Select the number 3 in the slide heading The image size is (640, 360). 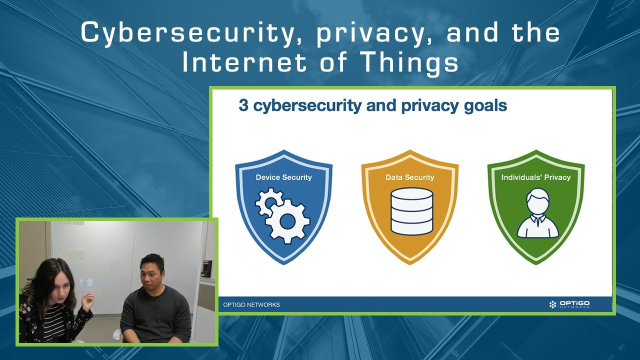point(243,106)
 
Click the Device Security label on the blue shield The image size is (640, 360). point(283,177)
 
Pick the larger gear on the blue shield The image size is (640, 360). point(288,220)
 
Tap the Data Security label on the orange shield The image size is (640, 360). point(409,177)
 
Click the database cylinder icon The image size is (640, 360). point(411,211)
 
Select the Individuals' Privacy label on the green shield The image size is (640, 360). point(535,177)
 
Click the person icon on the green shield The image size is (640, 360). point(537,214)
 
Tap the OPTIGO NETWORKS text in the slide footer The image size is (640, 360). point(251,305)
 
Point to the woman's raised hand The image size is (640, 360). point(88,300)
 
